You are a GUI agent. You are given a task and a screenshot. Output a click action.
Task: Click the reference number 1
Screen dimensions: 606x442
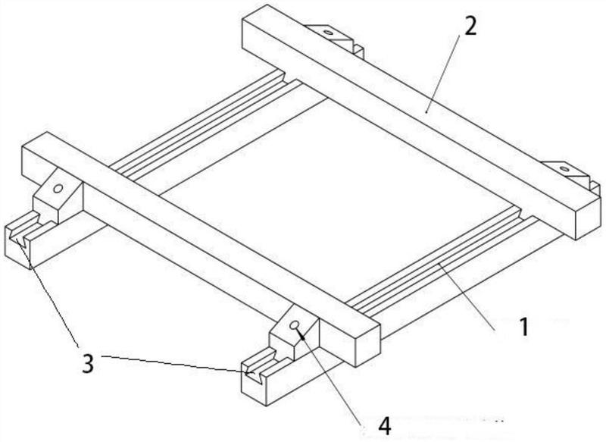tap(523, 328)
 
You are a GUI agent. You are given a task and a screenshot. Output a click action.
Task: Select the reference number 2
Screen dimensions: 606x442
tap(470, 27)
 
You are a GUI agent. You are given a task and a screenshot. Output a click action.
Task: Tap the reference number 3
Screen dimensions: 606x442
tap(88, 363)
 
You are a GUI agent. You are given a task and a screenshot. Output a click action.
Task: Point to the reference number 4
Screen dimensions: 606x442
tap(385, 427)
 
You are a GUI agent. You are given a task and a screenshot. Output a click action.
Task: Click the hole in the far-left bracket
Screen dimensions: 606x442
tap(58, 189)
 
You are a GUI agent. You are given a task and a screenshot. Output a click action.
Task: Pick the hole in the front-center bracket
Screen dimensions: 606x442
tap(295, 325)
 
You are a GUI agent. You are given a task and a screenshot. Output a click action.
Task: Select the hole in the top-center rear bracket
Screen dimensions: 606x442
tap(328, 33)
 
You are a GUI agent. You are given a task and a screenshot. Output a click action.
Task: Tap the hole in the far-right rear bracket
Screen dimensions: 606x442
tap(564, 169)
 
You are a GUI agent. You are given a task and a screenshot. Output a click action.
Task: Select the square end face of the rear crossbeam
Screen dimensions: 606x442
tap(589, 218)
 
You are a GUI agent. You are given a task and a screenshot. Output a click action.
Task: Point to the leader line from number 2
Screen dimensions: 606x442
tap(442, 74)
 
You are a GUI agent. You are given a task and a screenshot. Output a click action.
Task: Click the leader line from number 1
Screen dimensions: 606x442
tap(467, 296)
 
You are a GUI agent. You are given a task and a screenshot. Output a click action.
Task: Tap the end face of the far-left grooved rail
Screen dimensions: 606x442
tap(17, 247)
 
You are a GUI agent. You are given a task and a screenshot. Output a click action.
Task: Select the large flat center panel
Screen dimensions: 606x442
tap(340, 193)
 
